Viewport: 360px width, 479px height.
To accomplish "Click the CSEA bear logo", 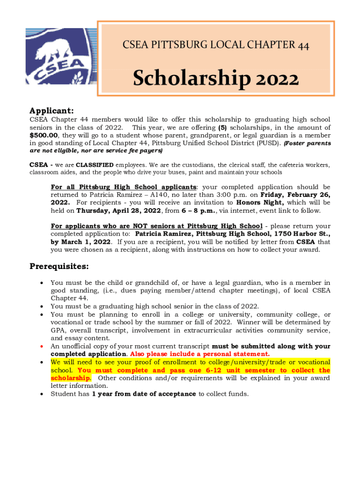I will pyautogui.click(x=61, y=58).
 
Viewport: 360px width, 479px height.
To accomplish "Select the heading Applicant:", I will pyautogui.click(x=51, y=111).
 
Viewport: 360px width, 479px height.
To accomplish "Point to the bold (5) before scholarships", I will pyautogui.click(x=223, y=128).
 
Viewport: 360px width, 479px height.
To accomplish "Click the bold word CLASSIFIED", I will pyautogui.click(x=95, y=165).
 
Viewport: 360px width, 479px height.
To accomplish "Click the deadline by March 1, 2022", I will pyautogui.click(x=80, y=242).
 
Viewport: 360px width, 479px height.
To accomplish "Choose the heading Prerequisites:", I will pyautogui.click(x=59, y=267).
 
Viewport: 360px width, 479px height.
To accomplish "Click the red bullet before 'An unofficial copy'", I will pyautogui.click(x=42, y=347).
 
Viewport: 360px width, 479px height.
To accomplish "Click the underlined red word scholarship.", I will pyautogui.click(x=71, y=378).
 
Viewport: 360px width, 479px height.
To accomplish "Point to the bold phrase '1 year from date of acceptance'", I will pyautogui.click(x=144, y=394).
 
